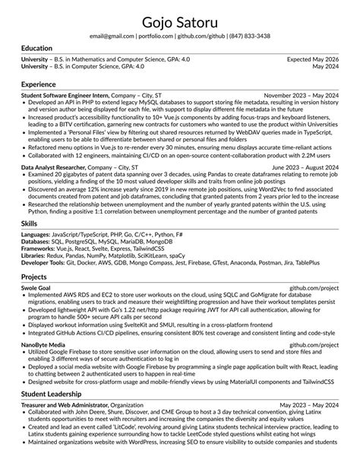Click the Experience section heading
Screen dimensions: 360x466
point(39,84)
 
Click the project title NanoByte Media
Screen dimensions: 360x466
point(43,345)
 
